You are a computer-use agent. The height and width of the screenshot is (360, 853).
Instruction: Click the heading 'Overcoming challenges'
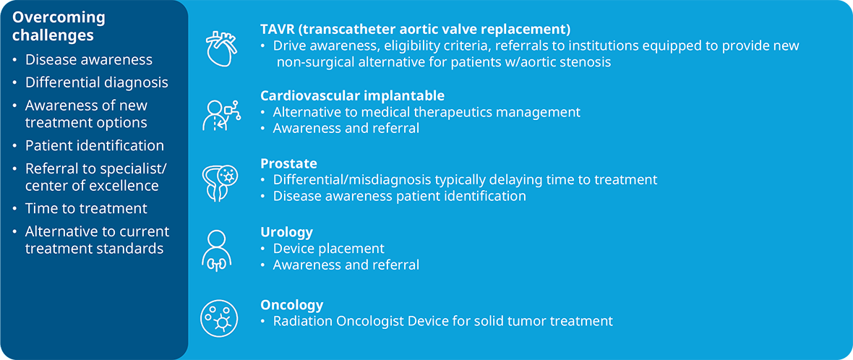(x=59, y=26)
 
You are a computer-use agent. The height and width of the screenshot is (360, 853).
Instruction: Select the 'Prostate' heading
(x=288, y=163)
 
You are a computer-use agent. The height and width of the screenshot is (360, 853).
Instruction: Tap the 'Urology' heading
(x=287, y=232)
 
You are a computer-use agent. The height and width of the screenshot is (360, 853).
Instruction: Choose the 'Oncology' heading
(x=291, y=304)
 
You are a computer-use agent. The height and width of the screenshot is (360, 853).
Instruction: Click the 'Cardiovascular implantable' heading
(x=353, y=95)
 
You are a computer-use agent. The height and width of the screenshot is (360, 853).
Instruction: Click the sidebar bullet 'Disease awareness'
(x=89, y=59)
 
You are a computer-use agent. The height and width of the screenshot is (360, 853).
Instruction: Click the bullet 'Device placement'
(x=329, y=249)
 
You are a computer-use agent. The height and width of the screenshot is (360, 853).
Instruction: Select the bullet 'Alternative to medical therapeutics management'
(x=426, y=113)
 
